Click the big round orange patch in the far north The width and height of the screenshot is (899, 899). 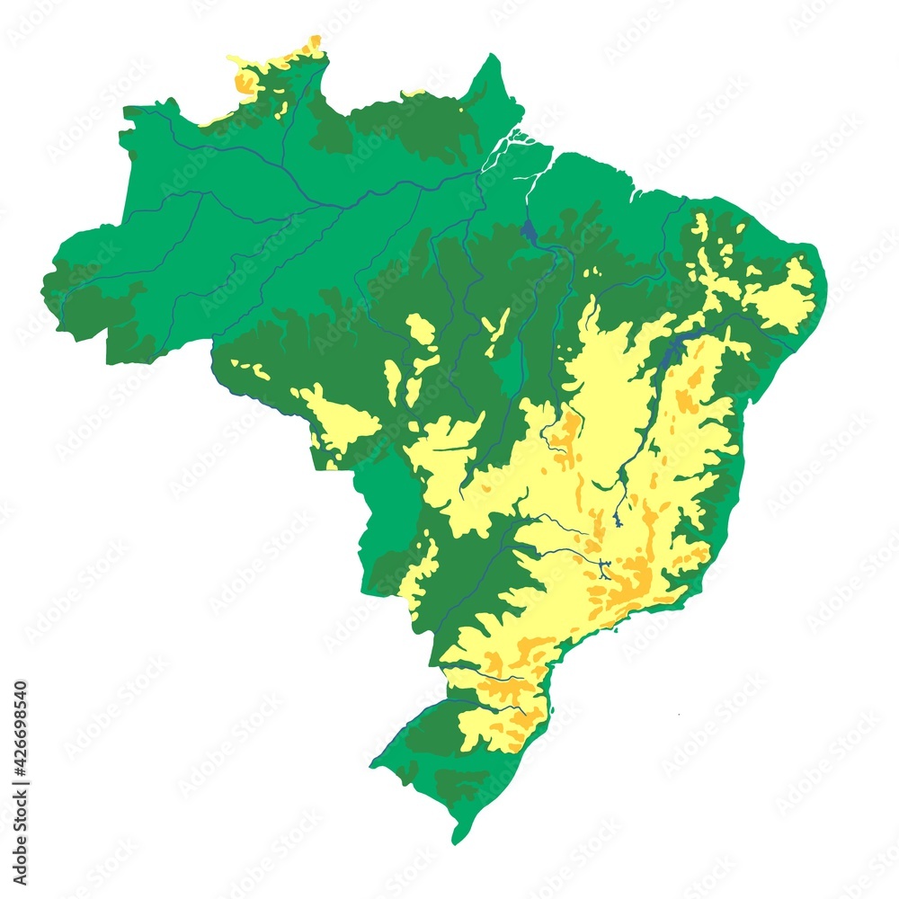click(245, 82)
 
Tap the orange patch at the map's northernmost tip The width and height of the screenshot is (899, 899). click(314, 43)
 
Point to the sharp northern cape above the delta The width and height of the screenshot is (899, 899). click(492, 59)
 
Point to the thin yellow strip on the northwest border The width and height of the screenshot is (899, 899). click(216, 118)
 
